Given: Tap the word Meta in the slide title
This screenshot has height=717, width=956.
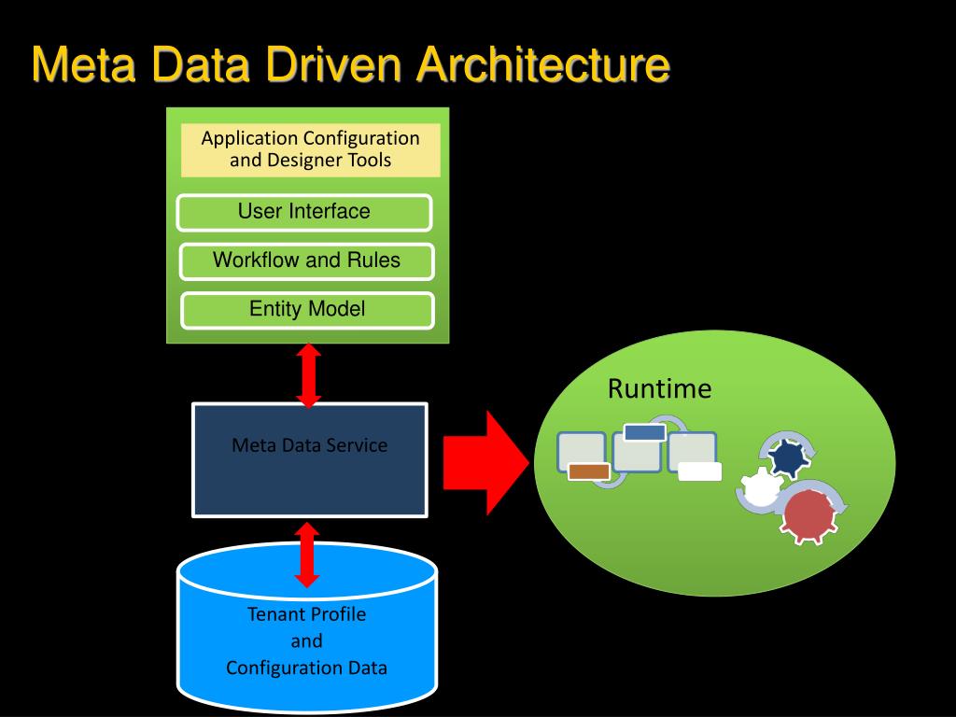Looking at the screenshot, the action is (x=83, y=64).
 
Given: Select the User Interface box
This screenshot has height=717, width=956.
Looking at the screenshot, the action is (x=304, y=212).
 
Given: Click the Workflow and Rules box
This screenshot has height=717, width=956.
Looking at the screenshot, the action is (x=306, y=261).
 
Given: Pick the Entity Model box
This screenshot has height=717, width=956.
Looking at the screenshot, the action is (x=307, y=310).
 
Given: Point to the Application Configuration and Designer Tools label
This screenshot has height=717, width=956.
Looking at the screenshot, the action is (x=310, y=149).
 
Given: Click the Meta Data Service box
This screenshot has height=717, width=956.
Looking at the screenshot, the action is (x=310, y=459).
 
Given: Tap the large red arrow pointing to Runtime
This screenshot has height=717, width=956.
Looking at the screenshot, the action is (x=485, y=463).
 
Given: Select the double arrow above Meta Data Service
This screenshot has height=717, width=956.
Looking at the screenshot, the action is (x=309, y=375).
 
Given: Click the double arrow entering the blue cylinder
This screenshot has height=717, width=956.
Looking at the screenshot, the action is (x=306, y=555).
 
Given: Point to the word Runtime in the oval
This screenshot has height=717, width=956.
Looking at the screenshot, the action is (x=660, y=389).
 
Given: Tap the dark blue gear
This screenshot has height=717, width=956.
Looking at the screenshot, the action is (x=788, y=458).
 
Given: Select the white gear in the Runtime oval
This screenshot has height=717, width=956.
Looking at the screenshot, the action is (x=761, y=487).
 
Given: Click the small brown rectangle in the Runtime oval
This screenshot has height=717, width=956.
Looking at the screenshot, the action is (x=589, y=471).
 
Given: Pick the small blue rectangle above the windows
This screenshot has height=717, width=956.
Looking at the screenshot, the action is (x=645, y=432).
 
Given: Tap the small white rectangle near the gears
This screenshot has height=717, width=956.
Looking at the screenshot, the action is (x=700, y=471).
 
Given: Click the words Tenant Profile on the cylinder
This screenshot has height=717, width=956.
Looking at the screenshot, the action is (x=306, y=614).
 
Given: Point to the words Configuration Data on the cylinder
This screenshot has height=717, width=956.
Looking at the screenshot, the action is (x=306, y=668).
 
